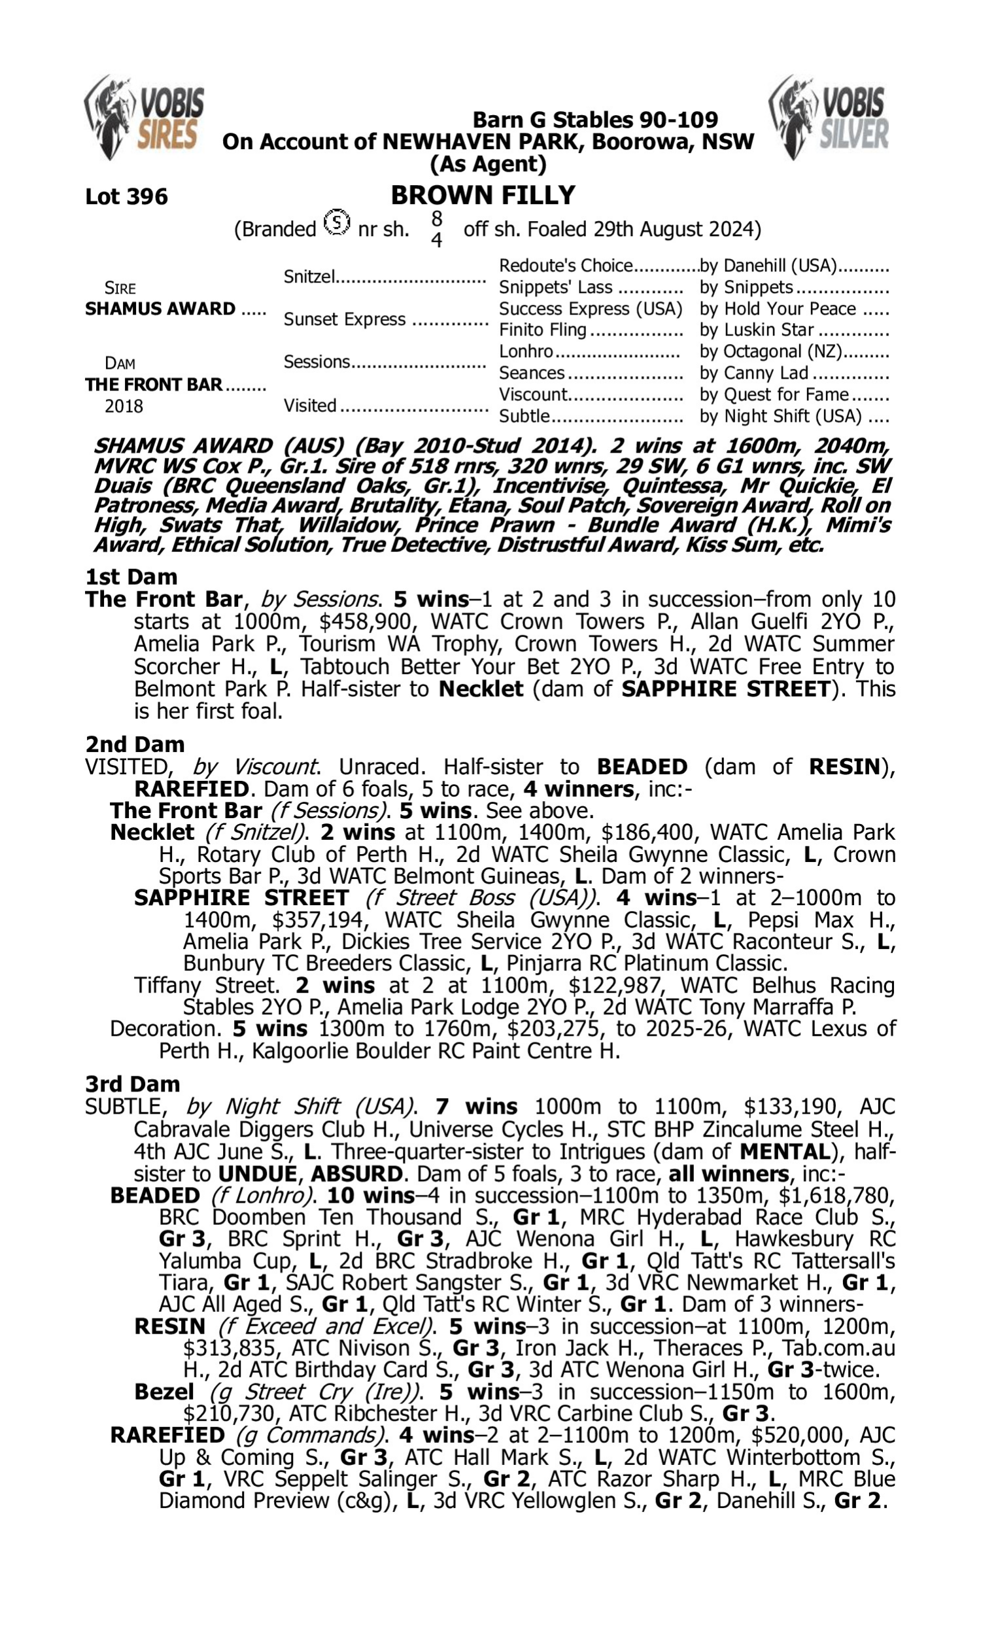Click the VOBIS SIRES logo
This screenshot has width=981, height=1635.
[145, 117]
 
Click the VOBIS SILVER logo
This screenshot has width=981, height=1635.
[829, 117]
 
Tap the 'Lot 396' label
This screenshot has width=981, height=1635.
[126, 196]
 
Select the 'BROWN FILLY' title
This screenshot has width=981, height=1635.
[483, 195]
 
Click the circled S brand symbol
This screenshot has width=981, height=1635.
[337, 223]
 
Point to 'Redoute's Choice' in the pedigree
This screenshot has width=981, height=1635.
[566, 266]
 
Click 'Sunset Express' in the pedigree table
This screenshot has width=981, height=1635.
[345, 319]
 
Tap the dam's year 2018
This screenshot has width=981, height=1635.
[124, 405]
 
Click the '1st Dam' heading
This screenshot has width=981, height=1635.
[131, 576]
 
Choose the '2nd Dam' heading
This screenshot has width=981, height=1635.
[135, 744]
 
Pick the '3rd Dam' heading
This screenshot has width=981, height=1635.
[132, 1084]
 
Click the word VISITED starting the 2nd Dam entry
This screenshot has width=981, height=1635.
[126, 766]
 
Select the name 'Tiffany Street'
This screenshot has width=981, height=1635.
[205, 986]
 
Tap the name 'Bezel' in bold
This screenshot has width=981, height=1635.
[164, 1392]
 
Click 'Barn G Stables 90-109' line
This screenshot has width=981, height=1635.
[595, 120]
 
